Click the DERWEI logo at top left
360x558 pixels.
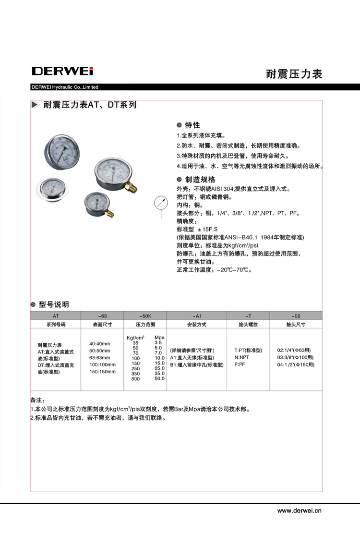[x=62, y=71]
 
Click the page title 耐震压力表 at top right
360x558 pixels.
[x=294, y=74]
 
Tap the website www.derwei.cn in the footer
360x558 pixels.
[x=300, y=510]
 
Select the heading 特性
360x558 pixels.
[x=192, y=125]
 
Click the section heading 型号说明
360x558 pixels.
[x=54, y=304]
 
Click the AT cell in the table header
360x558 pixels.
[x=56, y=315]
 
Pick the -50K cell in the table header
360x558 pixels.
[x=145, y=315]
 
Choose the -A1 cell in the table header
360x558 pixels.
[x=196, y=315]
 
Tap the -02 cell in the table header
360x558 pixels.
[x=296, y=315]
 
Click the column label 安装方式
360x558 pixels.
[x=196, y=325]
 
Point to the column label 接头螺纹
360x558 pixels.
[x=248, y=325]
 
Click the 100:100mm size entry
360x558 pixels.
[x=100, y=364]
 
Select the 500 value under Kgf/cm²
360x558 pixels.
[x=136, y=379]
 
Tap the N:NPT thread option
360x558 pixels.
[x=241, y=357]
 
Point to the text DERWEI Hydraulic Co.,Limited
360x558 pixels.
[x=65, y=87]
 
